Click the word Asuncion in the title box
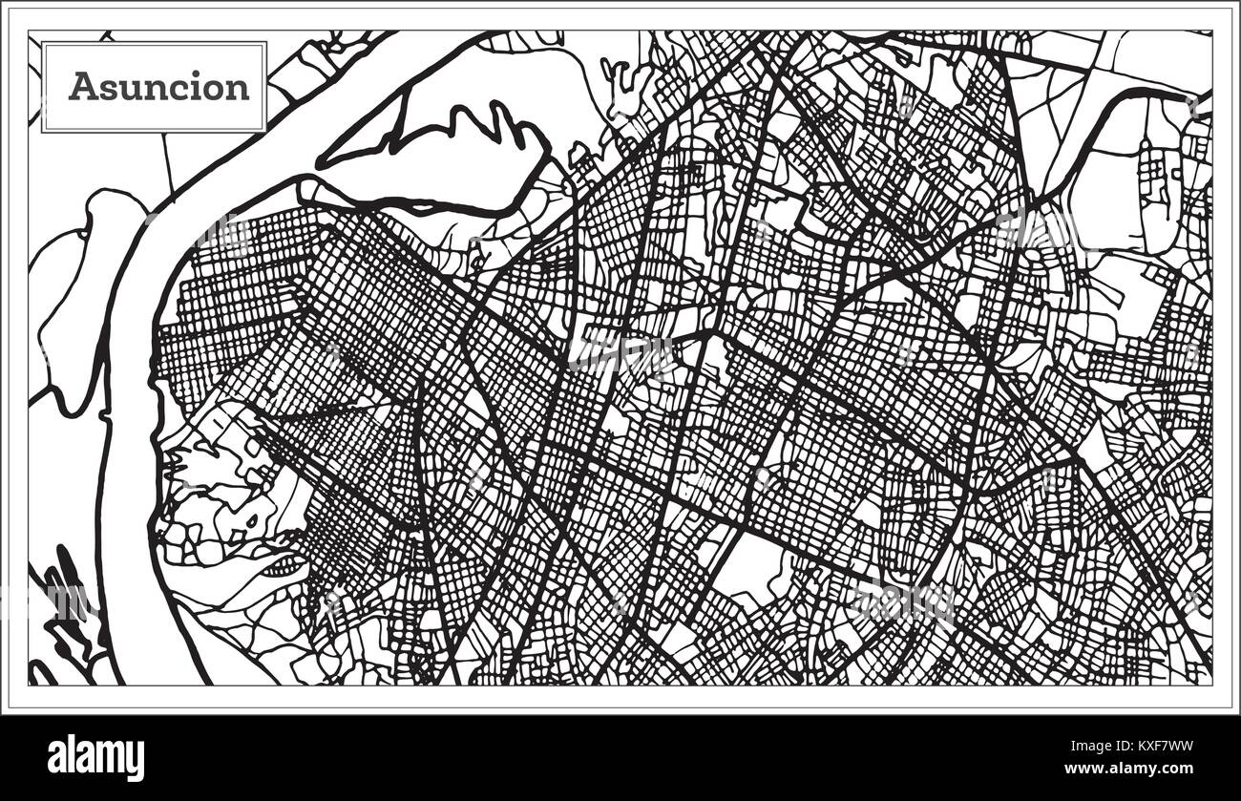[158, 87]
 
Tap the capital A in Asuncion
[82, 87]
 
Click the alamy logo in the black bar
[95, 758]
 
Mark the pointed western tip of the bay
[321, 162]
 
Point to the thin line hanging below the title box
[168, 162]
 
